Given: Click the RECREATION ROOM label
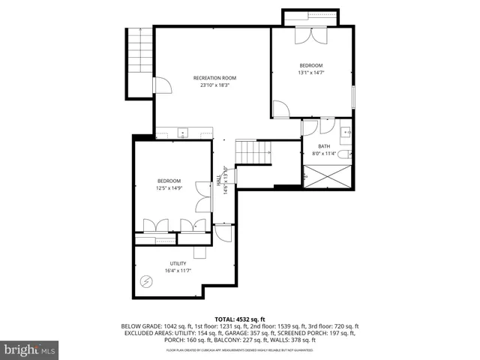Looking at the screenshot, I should (214, 78).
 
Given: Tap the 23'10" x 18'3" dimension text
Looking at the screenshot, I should (214, 85).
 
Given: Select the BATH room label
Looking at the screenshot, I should (323, 146).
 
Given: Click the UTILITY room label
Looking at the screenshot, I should (177, 263).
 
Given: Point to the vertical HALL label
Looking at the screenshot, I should (219, 181).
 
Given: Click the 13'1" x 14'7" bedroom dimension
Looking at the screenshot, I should (313, 73).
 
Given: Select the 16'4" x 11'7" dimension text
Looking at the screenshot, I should (177, 271).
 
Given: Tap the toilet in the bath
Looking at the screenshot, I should (343, 154).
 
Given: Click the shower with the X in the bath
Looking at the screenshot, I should (327, 176).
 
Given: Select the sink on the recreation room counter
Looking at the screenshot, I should (182, 133).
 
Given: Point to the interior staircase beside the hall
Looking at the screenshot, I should (248, 151).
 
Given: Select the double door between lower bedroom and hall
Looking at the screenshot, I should (200, 196).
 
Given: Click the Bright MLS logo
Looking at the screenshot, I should (29, 349).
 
